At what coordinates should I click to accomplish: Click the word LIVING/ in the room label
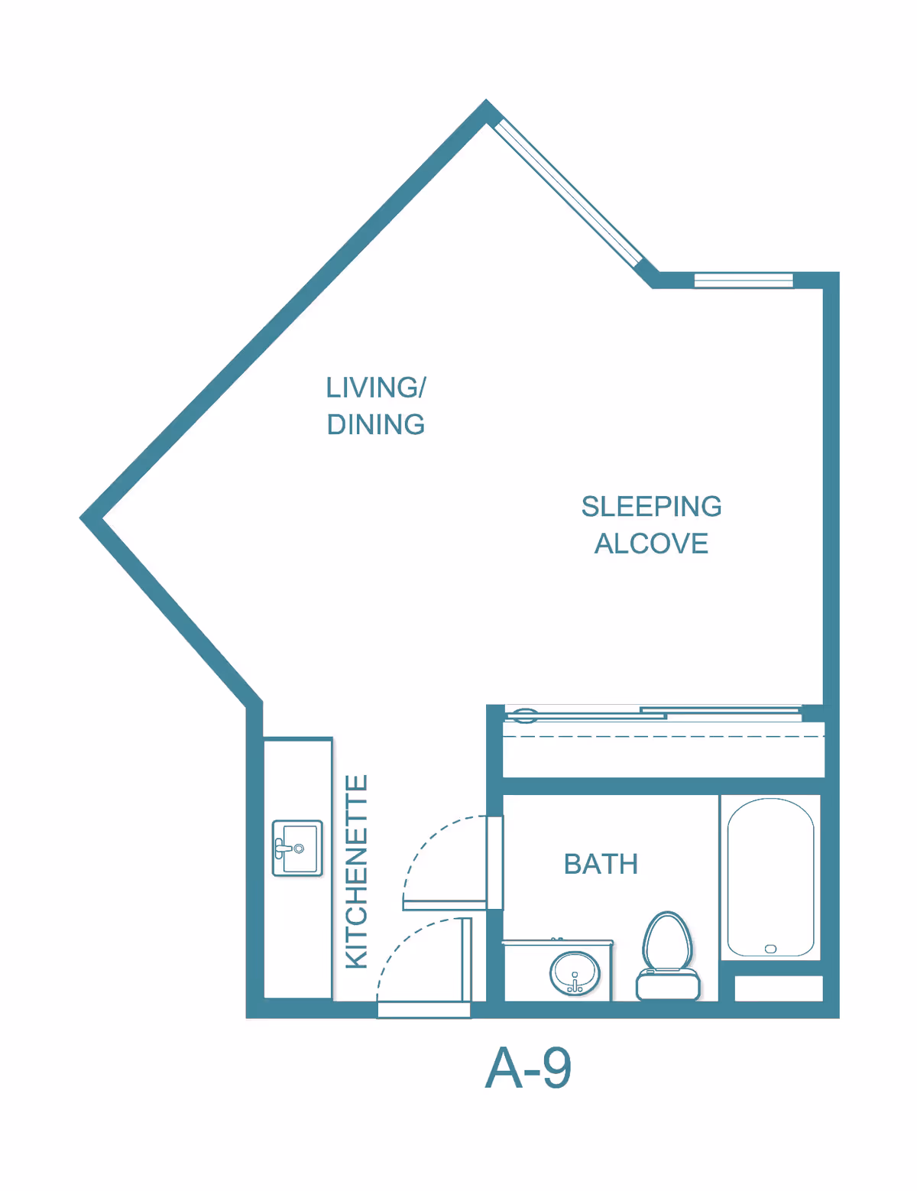375,388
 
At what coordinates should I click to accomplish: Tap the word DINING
375,424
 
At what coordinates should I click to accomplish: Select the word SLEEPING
651,506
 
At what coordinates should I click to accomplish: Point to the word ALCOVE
651,544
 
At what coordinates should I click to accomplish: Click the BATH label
601,864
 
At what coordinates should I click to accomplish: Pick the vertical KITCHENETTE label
357,871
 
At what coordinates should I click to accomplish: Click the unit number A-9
528,1068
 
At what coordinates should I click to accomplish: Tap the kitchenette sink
297,848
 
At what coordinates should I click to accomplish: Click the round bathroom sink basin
575,972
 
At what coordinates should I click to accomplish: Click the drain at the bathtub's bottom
770,949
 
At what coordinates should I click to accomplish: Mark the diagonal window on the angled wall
567,193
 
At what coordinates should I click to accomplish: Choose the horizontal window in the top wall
743,281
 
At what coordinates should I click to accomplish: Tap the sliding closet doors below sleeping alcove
653,715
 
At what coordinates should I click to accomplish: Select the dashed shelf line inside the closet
663,737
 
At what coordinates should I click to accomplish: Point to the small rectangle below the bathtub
778,988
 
